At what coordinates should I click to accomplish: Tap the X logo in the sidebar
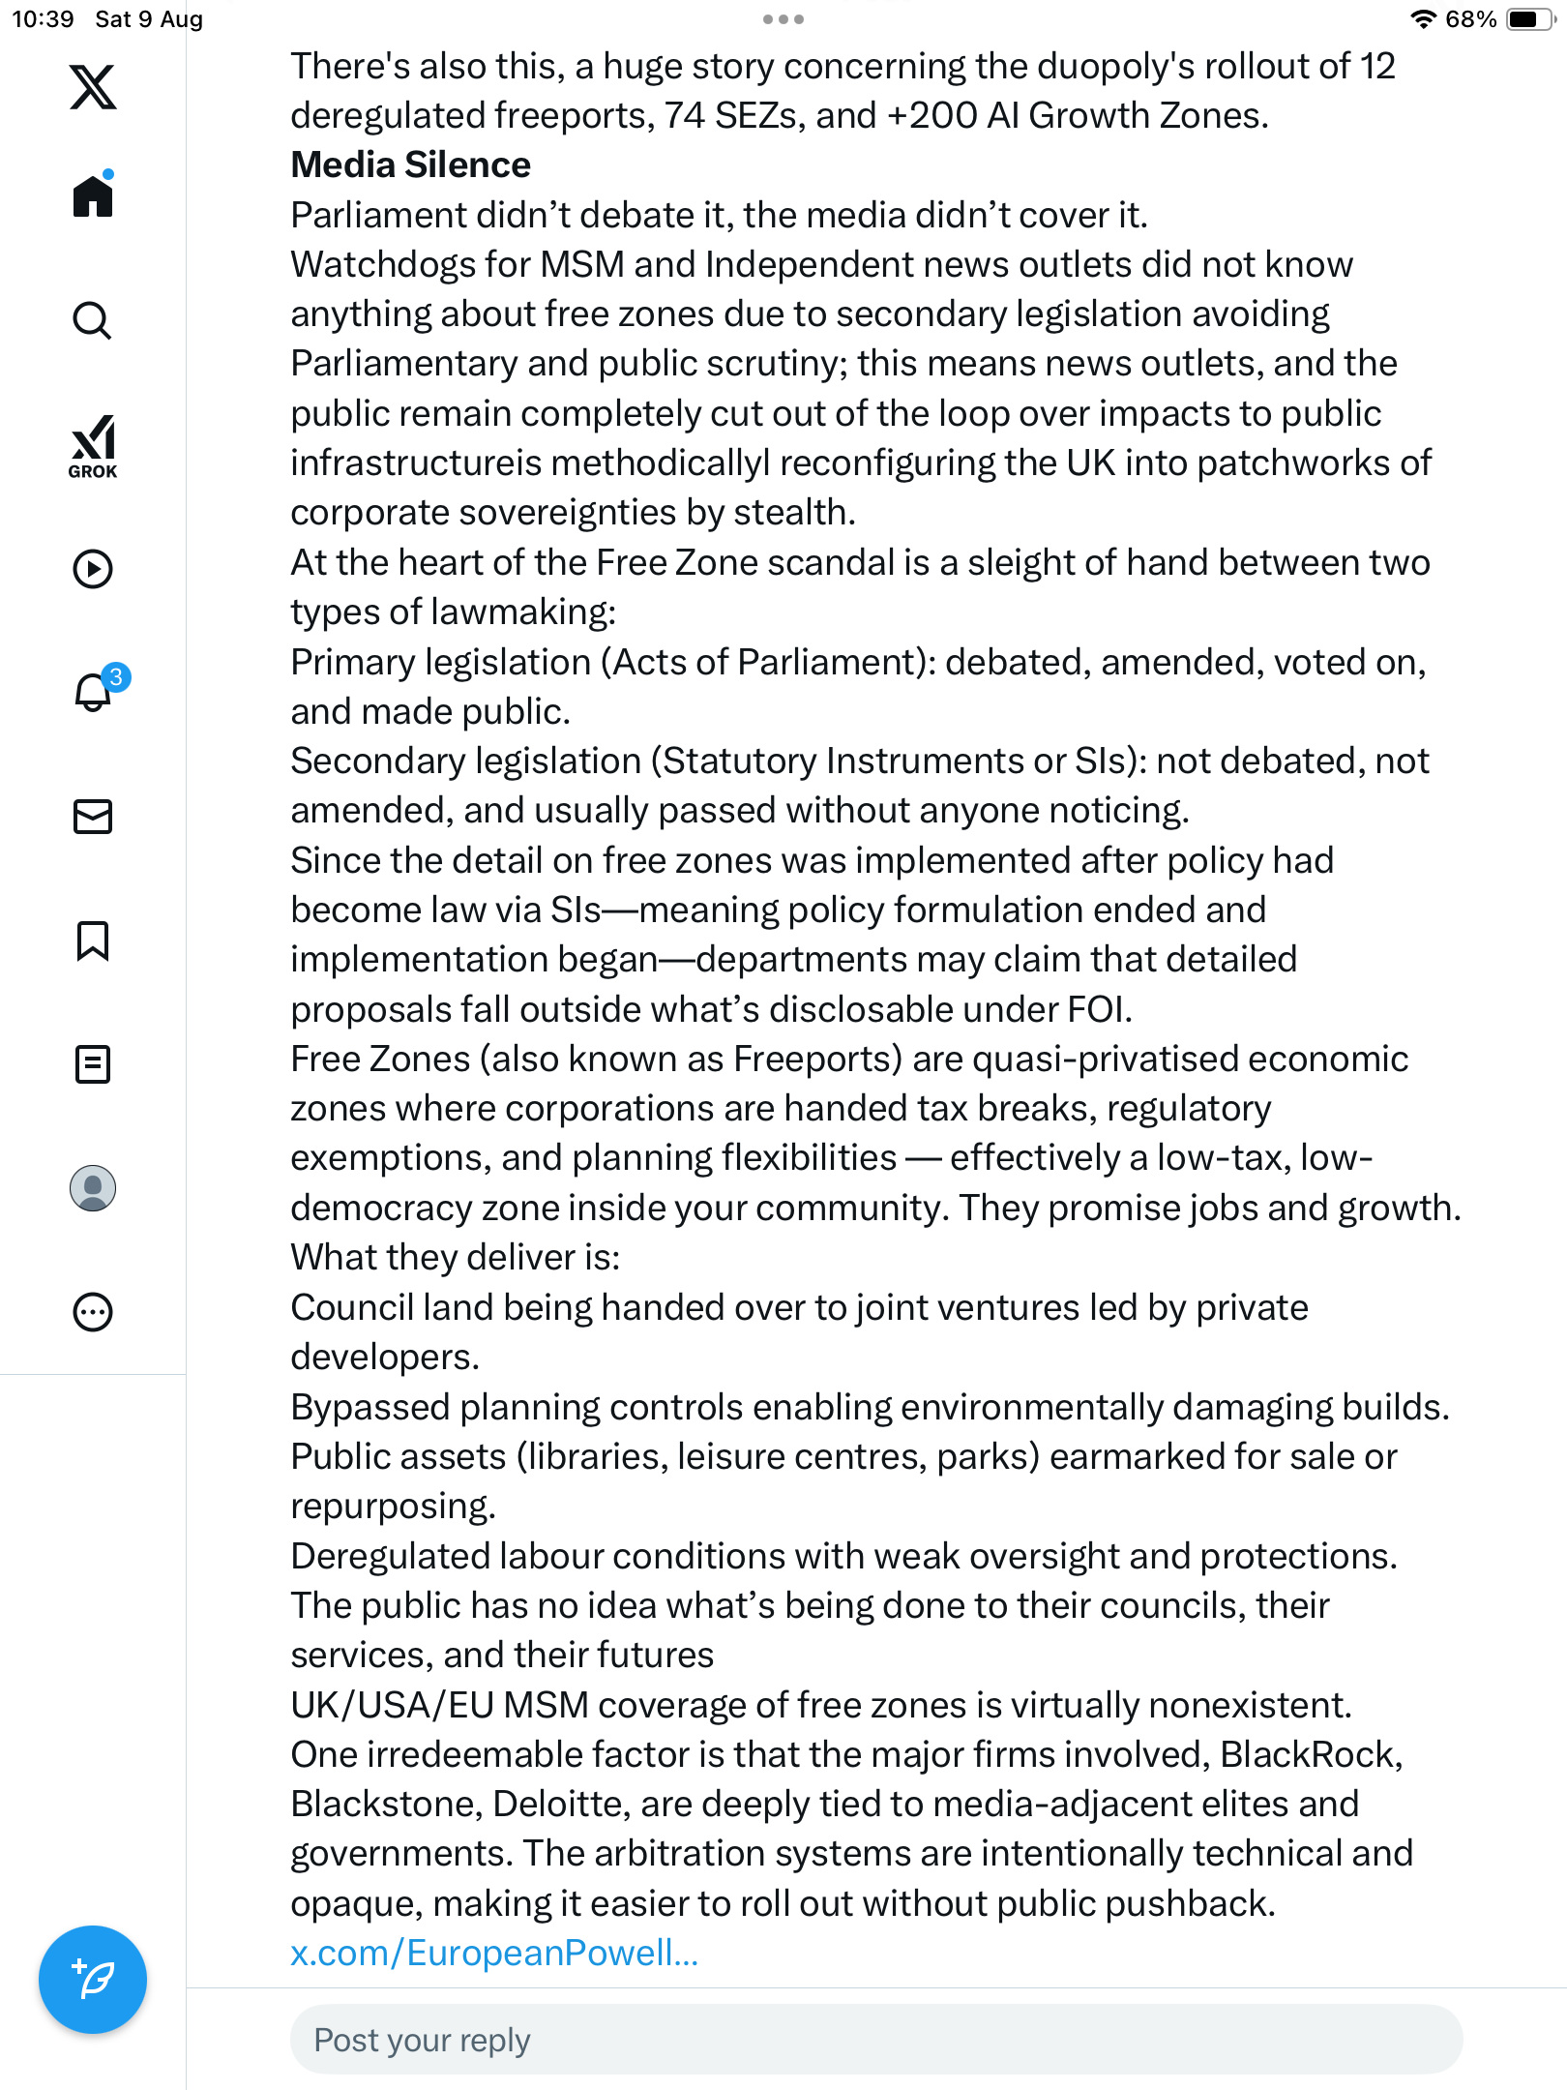click(93, 87)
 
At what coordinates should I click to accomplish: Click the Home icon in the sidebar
click(93, 196)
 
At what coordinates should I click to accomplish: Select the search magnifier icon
click(93, 320)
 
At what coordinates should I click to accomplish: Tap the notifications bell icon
click(94, 692)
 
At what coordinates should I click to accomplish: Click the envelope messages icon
click(93, 817)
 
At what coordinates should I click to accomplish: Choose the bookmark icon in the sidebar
click(93, 940)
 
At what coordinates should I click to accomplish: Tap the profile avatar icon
click(93, 1188)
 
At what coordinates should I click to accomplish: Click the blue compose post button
click(93, 1980)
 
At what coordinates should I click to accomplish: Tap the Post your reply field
click(875, 2040)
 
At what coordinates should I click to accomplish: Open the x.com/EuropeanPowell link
click(494, 1953)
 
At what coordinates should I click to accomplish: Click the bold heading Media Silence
click(411, 165)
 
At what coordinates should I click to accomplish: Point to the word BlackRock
click(1310, 1754)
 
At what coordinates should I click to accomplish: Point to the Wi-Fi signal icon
click(1423, 19)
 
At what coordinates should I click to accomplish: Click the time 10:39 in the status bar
click(43, 19)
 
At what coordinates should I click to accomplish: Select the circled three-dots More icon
click(93, 1312)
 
